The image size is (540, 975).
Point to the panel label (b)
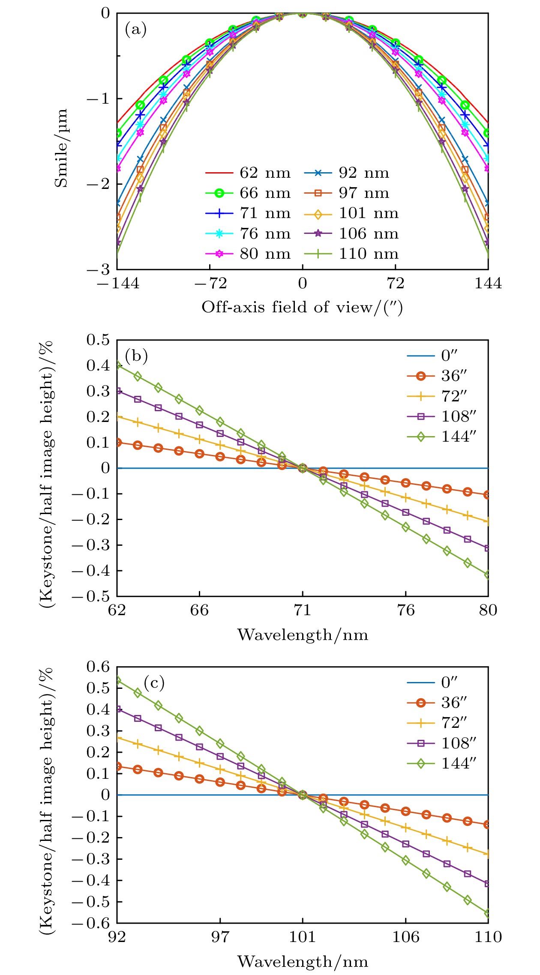click(x=136, y=356)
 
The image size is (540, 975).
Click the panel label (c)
click(x=154, y=682)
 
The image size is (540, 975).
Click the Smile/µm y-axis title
click(x=61, y=148)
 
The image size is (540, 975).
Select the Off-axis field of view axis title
click(x=302, y=307)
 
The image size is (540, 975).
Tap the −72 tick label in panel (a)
click(x=210, y=283)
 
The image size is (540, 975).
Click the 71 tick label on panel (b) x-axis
click(x=303, y=610)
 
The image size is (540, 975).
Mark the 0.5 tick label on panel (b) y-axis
click(x=98, y=340)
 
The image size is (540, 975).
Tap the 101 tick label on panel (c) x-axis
click(x=303, y=936)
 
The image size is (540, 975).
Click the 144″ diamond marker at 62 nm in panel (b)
click(x=117, y=365)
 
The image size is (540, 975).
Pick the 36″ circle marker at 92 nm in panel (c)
click(x=117, y=766)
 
